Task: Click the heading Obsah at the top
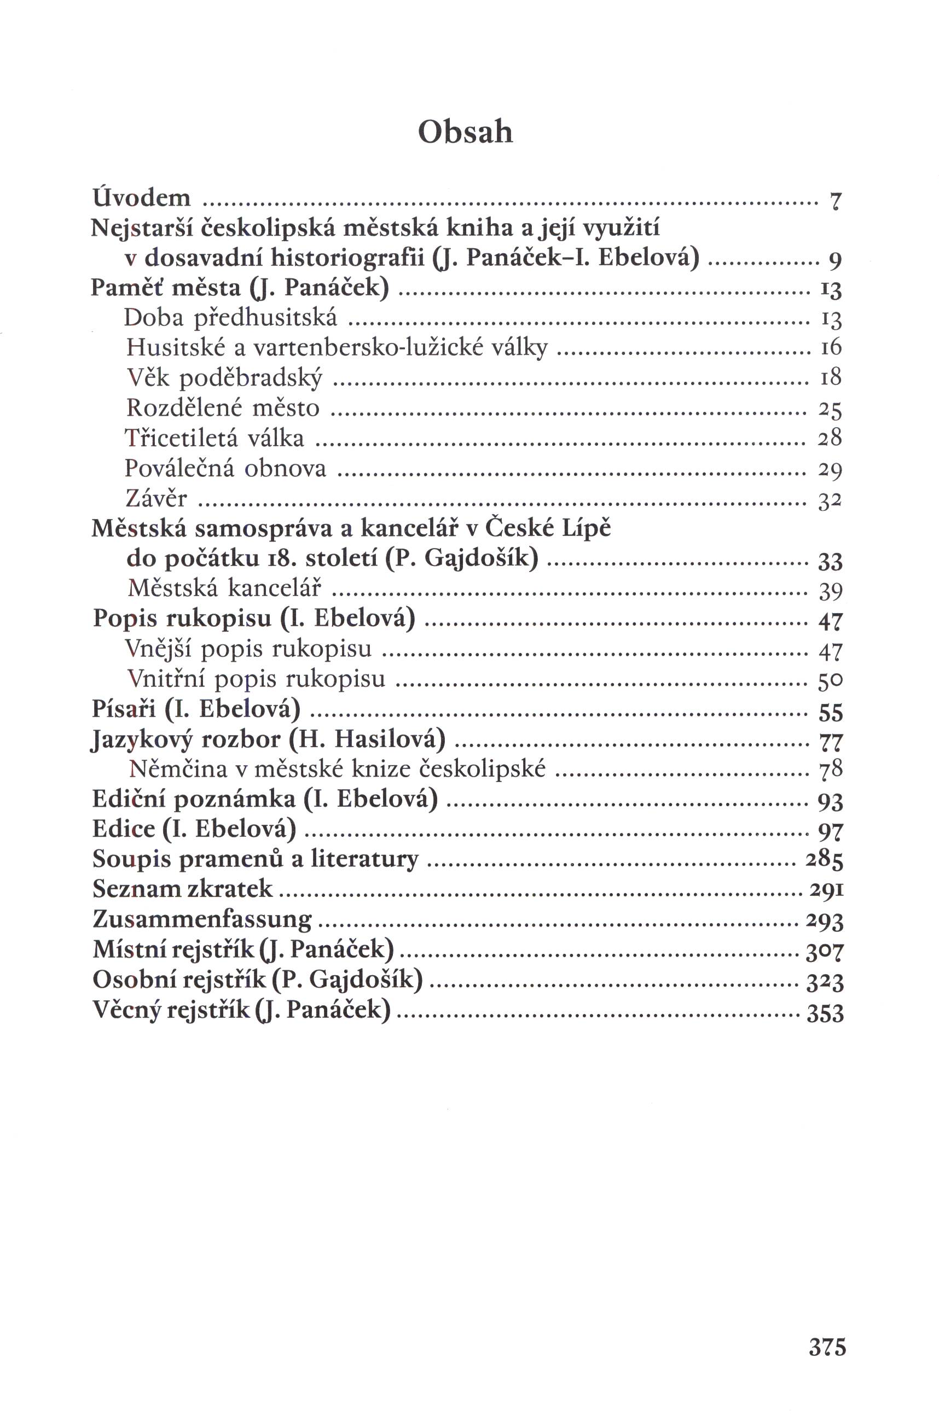[x=465, y=132]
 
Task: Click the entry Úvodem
[x=141, y=197]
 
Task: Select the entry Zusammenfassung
[x=202, y=919]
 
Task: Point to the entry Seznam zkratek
[x=183, y=889]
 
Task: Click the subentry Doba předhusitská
[x=230, y=318]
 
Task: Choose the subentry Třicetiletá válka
[x=215, y=438]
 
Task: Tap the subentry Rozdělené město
[x=223, y=408]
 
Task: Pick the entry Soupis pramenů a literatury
[x=255, y=859]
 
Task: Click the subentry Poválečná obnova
[x=226, y=468]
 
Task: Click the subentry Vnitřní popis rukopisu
[x=256, y=680]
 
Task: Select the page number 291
[x=826, y=890]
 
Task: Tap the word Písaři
[x=124, y=709]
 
